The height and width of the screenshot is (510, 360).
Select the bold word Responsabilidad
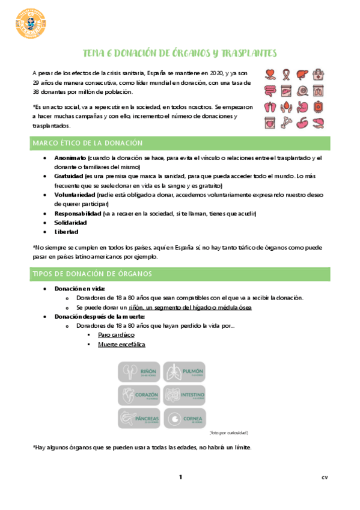pyautogui.click(x=78, y=214)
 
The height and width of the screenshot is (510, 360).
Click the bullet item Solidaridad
pyautogui.click(x=70, y=223)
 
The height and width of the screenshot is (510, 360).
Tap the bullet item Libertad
pyautogui.click(x=66, y=232)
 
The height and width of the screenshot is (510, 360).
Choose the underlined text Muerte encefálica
pyautogui.click(x=121, y=345)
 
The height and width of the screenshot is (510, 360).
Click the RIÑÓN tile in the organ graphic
pyautogui.click(x=139, y=372)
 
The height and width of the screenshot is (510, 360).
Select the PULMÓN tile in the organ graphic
pyautogui.click(x=185, y=372)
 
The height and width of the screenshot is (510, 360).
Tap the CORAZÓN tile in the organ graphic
pyautogui.click(x=139, y=395)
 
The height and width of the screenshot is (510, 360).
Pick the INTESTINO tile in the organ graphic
pyautogui.click(x=185, y=395)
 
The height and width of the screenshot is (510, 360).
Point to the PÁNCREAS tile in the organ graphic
pyautogui.click(x=139, y=417)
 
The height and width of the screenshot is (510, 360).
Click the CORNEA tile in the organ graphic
pyautogui.click(x=185, y=417)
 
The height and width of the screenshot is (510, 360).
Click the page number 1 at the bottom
pyautogui.click(x=180, y=478)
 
